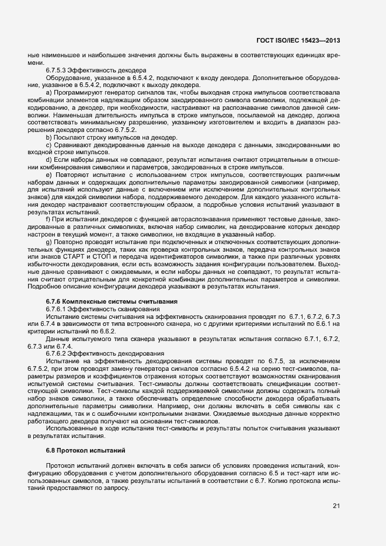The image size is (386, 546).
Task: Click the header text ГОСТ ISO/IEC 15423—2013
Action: (298, 40)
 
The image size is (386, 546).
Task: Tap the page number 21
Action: (336, 505)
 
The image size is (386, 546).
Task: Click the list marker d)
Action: (49, 159)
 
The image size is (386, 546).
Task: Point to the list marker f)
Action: (48, 218)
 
